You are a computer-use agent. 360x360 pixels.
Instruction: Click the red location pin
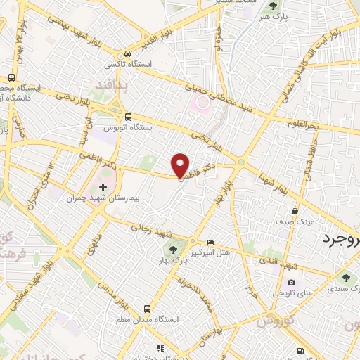click(181, 165)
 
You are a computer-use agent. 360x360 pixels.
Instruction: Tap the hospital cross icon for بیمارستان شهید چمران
click(103, 187)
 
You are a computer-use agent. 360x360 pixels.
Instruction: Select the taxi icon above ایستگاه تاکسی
click(127, 53)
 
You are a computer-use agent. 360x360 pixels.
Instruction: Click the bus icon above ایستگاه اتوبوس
click(127, 117)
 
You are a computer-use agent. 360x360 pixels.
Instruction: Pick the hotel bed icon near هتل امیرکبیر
click(211, 241)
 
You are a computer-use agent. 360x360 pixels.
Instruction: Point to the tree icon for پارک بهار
click(172, 251)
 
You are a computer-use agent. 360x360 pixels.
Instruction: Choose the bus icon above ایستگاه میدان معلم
click(146, 309)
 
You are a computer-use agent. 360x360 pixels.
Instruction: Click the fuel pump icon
click(301, 350)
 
